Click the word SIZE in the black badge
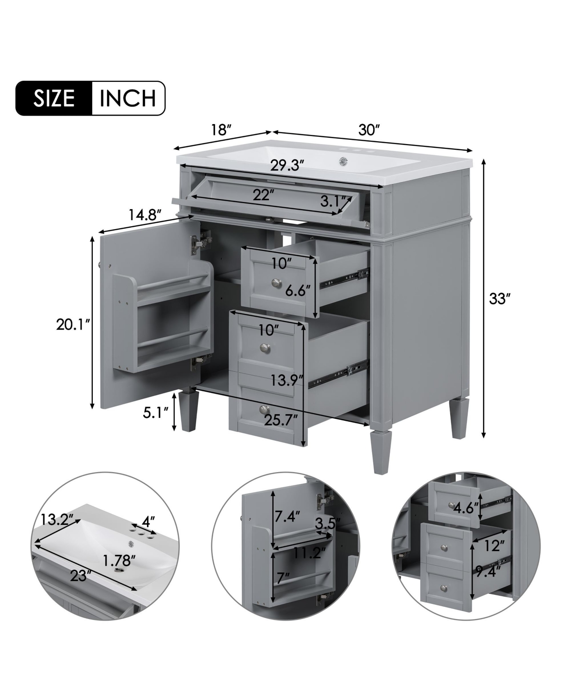tap(54, 98)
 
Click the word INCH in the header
tap(128, 98)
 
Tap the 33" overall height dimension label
tap(500, 299)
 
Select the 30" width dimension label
tap(370, 130)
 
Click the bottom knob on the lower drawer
tap(264, 409)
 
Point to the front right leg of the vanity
tap(380, 452)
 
